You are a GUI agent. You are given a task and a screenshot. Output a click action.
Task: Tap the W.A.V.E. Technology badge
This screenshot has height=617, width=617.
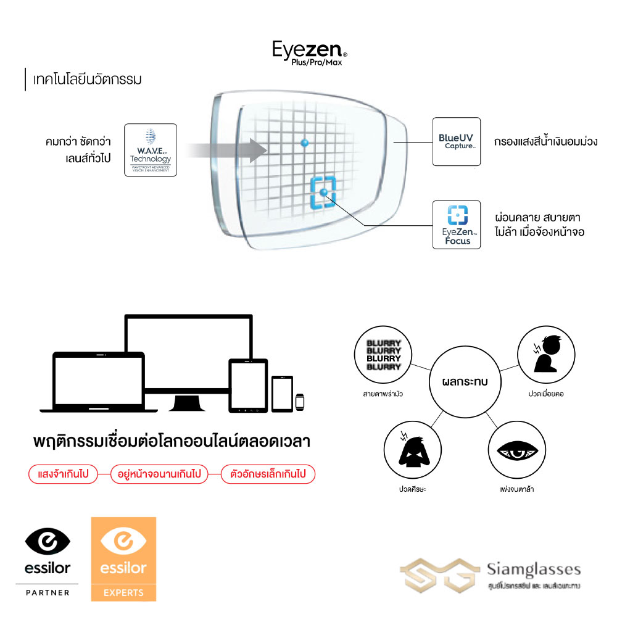pos(151,150)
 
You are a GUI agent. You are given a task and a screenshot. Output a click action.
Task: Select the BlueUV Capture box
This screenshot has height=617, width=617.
pos(456,141)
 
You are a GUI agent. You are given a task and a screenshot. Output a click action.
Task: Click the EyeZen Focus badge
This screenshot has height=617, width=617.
pos(456,225)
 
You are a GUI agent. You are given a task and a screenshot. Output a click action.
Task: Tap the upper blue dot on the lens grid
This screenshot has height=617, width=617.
pos(304,143)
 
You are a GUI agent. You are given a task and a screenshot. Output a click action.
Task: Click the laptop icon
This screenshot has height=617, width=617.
pos(99,383)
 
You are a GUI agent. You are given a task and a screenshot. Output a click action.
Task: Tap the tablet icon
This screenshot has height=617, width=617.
pos(247,386)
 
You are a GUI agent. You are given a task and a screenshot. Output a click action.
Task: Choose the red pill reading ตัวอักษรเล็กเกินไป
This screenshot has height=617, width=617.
pos(268,474)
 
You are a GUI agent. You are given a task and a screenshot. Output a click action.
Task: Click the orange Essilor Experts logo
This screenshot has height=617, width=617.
pos(123,559)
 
